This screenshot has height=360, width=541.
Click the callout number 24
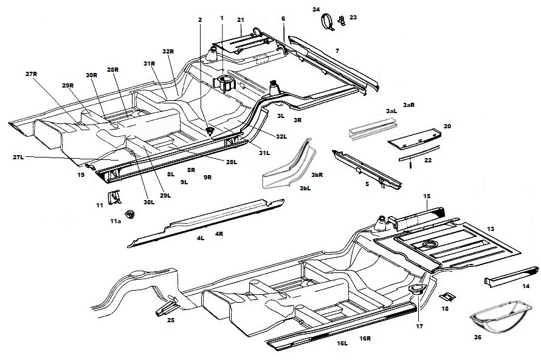point(315,10)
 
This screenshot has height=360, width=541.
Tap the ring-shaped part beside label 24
point(329,22)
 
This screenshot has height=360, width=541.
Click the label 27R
point(32,74)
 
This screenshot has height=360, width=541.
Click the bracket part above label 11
point(114,196)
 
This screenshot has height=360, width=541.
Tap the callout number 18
point(445,309)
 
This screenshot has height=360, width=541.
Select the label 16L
point(342,344)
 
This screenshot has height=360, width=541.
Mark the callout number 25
point(170,320)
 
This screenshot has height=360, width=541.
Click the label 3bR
point(317,175)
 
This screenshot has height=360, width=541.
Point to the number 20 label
point(447,126)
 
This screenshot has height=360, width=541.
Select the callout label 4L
point(200,238)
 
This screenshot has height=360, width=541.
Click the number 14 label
point(525,286)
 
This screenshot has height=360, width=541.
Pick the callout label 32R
point(168,52)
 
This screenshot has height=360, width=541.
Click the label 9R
point(207,178)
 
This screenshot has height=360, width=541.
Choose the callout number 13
point(490,229)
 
